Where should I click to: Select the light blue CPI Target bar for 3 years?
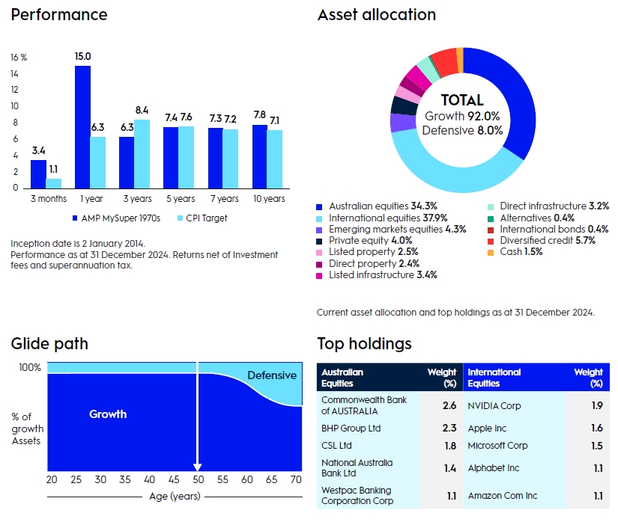coord(142,153)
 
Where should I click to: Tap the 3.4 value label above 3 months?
coord(38,151)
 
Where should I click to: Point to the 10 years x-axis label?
coord(268,199)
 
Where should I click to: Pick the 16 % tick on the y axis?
coord(19,57)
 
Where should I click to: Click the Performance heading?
coord(59,15)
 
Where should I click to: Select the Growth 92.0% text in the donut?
coord(462,116)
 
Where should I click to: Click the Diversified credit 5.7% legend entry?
coord(546,241)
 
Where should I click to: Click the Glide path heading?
coord(49,344)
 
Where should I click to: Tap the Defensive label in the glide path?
coord(271,375)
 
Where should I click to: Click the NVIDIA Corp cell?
coord(494,406)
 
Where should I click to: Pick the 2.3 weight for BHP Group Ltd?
coord(449,429)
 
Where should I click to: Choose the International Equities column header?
coord(494,377)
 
